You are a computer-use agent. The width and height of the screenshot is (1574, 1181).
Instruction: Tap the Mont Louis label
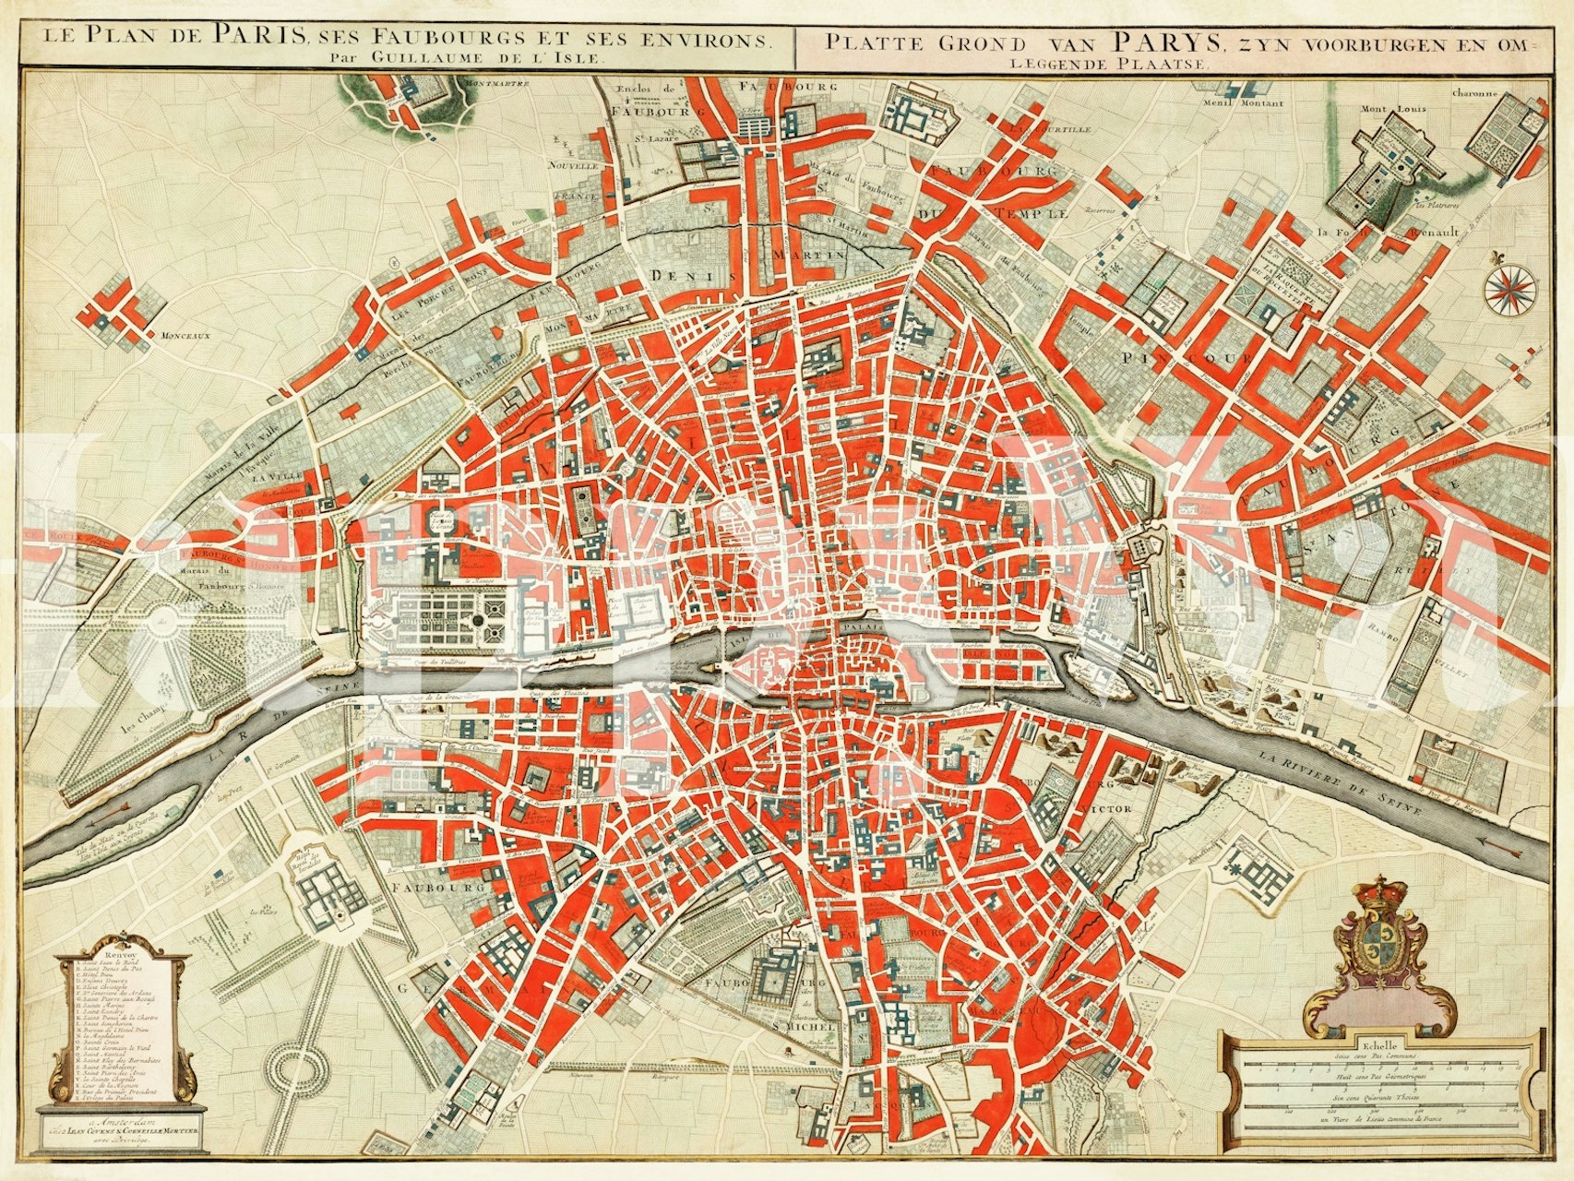pyautogui.click(x=1385, y=110)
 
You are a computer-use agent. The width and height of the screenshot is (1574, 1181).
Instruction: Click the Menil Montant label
pyautogui.click(x=1250, y=104)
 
